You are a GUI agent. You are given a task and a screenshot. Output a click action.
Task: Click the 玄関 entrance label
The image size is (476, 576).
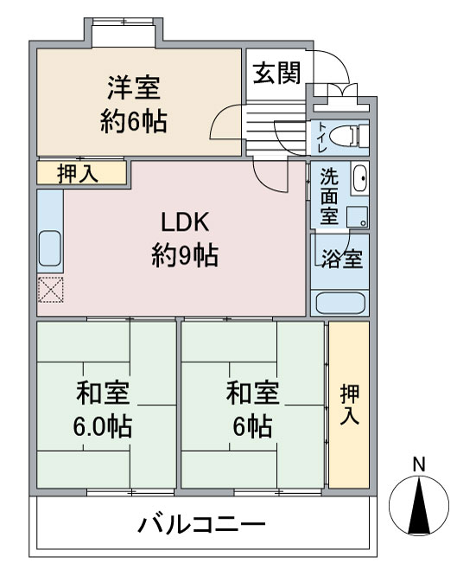[276, 73]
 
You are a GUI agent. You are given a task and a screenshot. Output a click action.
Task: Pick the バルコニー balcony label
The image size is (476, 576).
[200, 525]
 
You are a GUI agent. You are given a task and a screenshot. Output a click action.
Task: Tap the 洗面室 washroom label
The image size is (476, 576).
[329, 196]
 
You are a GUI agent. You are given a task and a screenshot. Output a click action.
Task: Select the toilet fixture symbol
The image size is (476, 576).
[352, 136]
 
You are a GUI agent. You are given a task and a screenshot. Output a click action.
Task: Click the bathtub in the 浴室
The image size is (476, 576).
[340, 303]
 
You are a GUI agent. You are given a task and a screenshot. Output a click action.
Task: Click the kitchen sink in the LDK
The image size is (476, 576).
[49, 248]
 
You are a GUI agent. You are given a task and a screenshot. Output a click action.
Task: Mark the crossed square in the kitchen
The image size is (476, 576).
[50, 289]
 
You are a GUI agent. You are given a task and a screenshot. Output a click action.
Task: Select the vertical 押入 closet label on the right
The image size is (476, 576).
[348, 405]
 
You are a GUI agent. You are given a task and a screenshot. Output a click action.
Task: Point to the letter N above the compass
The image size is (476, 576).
[419, 464]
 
